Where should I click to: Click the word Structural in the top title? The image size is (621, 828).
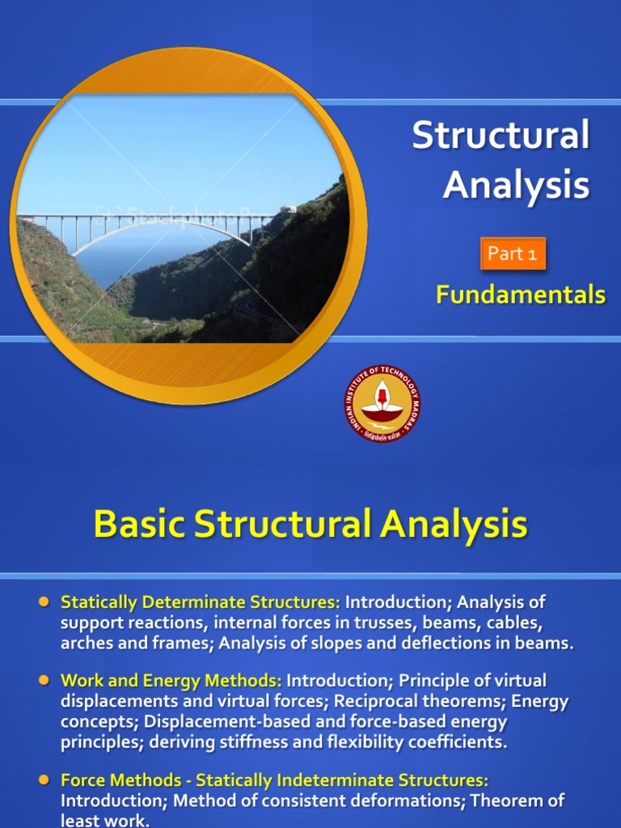tap(501, 135)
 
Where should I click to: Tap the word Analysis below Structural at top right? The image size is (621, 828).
tap(516, 184)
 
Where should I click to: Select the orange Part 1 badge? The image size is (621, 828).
tap(513, 253)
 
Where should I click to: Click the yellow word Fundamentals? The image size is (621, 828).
tap(520, 295)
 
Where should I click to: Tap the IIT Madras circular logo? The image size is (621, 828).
tap(382, 403)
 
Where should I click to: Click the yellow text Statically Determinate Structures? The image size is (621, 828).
tap(201, 602)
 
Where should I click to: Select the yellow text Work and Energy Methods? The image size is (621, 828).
tap(171, 681)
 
